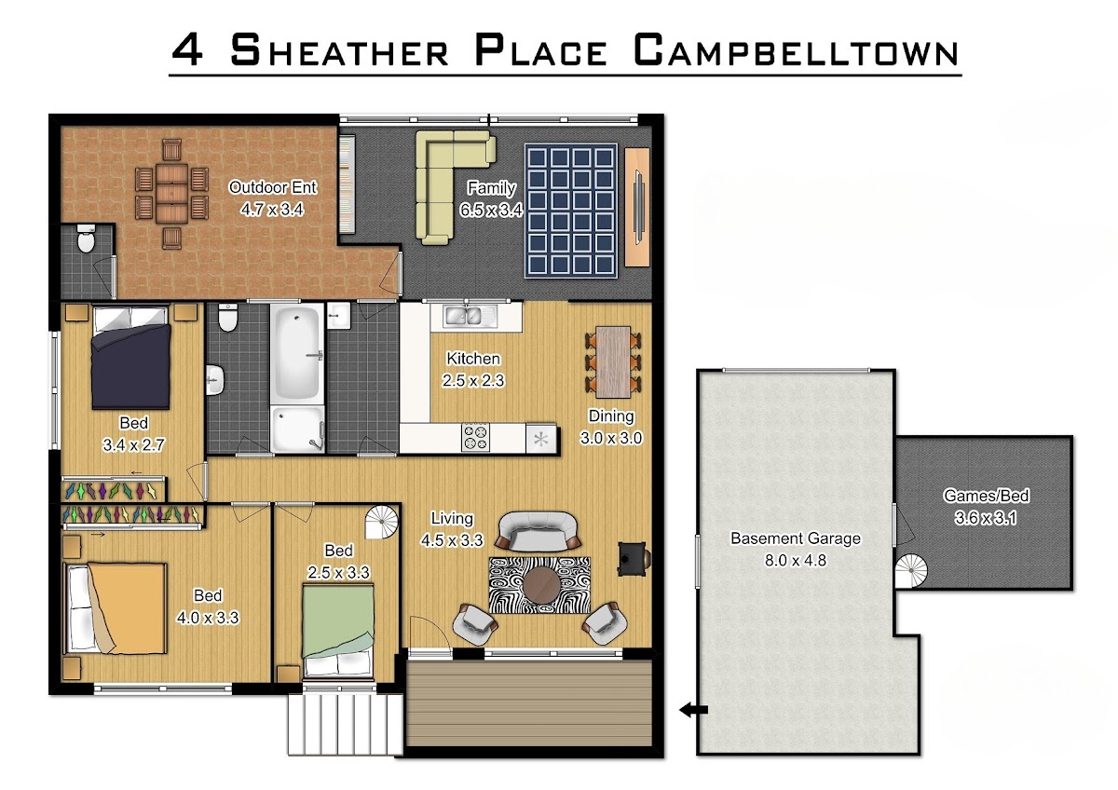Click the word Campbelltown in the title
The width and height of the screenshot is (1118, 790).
pos(796,50)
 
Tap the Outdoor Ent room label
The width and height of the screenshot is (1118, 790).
pos(272,187)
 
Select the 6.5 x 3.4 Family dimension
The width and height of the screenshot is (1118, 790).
pos(491,211)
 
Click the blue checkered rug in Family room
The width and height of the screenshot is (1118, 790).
pos(571,211)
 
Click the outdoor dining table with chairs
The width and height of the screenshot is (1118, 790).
pos(171,194)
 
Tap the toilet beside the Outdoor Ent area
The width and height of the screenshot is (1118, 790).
pos(86,238)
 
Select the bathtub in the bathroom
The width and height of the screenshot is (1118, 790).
pos(297,352)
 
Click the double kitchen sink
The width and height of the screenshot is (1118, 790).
pos(469,316)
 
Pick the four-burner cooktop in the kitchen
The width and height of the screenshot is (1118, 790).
pos(475,437)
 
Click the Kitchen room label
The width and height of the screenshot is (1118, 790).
pos(473,359)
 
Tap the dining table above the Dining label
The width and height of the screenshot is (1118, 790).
pos(613,362)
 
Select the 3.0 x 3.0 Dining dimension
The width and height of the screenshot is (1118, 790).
pos(611,438)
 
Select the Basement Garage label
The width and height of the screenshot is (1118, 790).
pos(796,538)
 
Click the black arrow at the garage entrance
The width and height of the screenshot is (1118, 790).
pos(694,709)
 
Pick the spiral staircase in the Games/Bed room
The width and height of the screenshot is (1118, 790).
pos(911,571)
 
